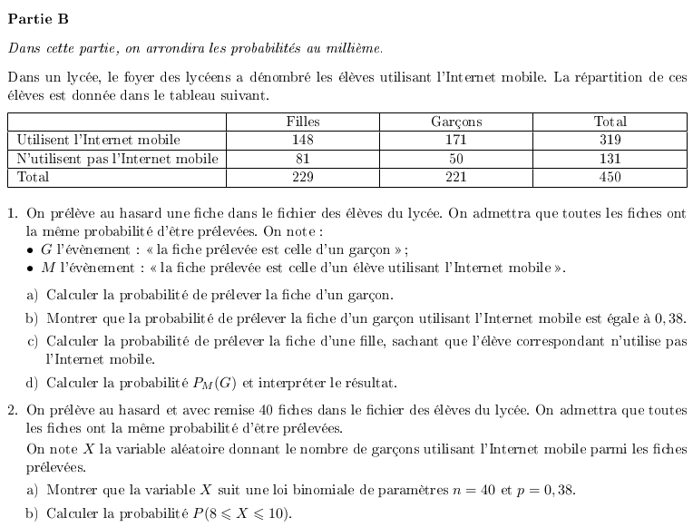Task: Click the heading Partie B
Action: click(37, 18)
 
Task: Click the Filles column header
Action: click(303, 122)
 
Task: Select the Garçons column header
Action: click(456, 122)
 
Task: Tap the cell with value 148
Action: click(303, 140)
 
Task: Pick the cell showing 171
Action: click(456, 140)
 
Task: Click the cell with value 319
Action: click(610, 140)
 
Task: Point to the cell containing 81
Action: click(303, 159)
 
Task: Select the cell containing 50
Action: click(456, 159)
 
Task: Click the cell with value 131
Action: click(610, 159)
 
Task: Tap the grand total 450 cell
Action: click(610, 177)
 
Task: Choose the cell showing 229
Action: click(303, 177)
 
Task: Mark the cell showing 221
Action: click(456, 177)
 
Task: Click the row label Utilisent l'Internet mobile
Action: click(99, 140)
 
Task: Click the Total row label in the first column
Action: click(34, 177)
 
